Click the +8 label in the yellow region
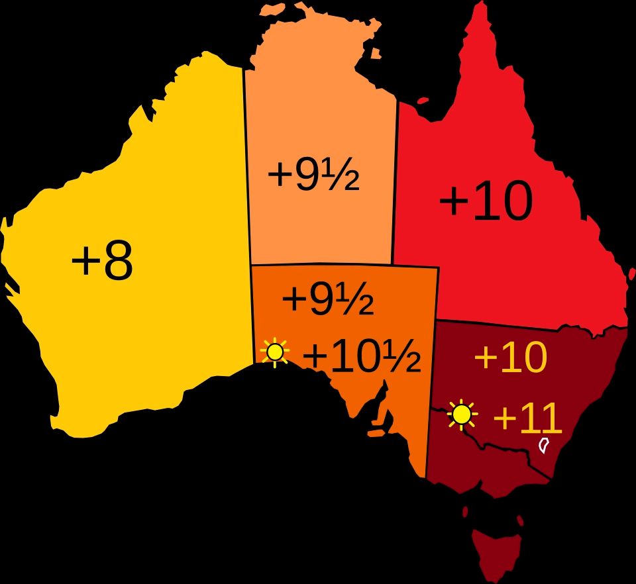(x=102, y=261)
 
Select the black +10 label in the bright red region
(x=486, y=202)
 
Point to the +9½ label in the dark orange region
(x=327, y=299)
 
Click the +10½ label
(x=361, y=358)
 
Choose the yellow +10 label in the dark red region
(x=511, y=358)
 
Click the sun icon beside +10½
(x=275, y=352)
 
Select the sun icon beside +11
(x=462, y=415)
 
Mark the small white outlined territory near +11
(x=544, y=445)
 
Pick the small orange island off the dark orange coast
(x=376, y=434)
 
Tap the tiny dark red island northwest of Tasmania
(x=466, y=512)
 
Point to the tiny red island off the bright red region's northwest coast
(x=421, y=101)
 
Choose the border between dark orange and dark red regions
(x=431, y=397)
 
